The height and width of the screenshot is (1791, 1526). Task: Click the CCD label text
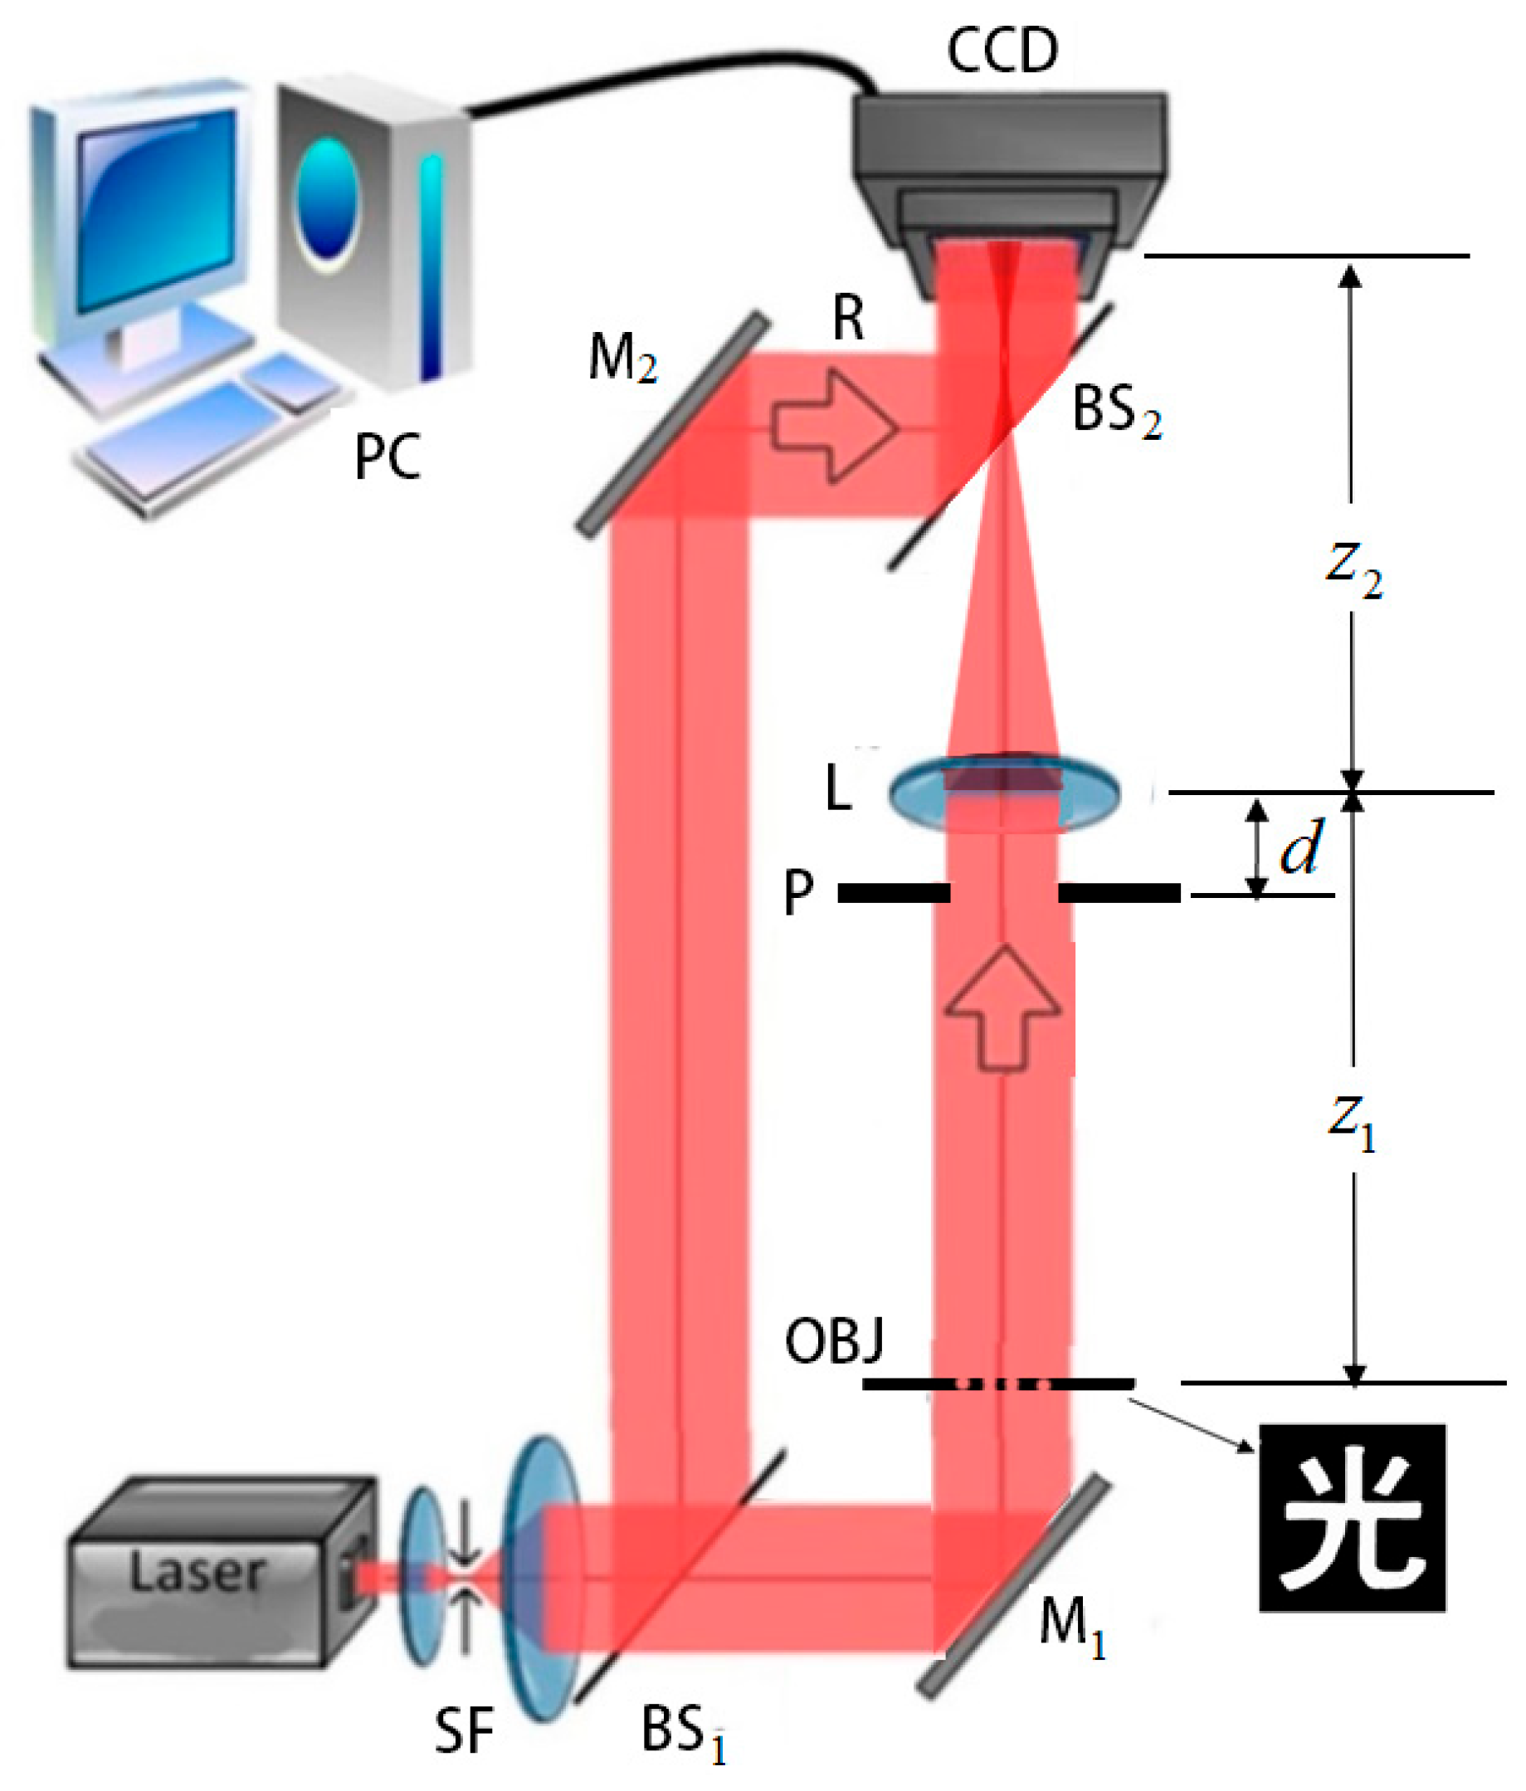point(1002,50)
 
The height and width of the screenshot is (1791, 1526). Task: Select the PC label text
point(388,456)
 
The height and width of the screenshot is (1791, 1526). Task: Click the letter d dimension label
point(1300,848)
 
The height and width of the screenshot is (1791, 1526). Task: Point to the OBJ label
point(834,1341)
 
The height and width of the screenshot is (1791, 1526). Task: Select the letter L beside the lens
point(838,788)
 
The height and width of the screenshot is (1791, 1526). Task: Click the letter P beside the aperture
point(797,892)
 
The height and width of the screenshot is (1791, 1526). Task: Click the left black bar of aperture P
point(894,893)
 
